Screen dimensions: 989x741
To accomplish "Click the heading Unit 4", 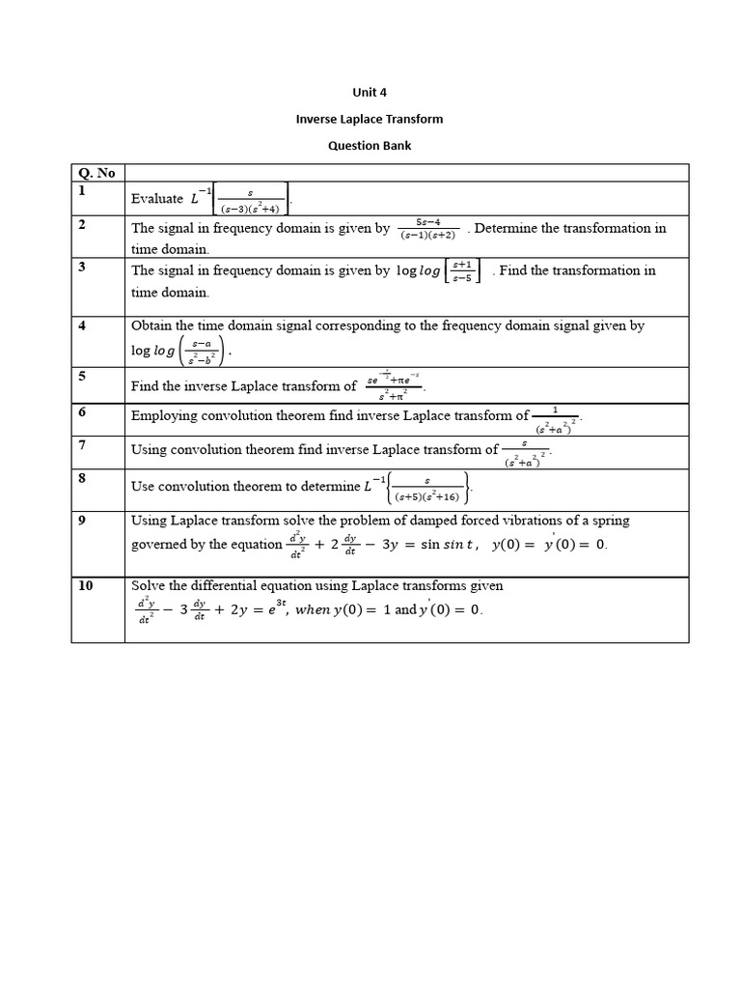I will (370, 93).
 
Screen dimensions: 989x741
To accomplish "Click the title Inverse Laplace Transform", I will (370, 119).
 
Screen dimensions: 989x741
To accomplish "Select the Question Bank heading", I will (370, 146).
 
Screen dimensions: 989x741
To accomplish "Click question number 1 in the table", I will (83, 191).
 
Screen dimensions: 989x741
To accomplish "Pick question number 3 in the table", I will (83, 267).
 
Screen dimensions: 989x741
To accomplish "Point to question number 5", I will (83, 377).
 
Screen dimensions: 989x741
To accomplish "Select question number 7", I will (83, 444).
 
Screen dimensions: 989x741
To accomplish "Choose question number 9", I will (83, 520).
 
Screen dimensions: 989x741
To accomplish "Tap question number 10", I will (86, 585).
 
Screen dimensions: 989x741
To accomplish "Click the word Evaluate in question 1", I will (157, 199).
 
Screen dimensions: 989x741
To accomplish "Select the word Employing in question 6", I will (163, 416).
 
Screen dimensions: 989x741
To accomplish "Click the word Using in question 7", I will (149, 450).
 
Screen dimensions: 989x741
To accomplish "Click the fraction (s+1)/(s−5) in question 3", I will (463, 271).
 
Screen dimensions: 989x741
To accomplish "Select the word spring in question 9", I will (609, 521).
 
